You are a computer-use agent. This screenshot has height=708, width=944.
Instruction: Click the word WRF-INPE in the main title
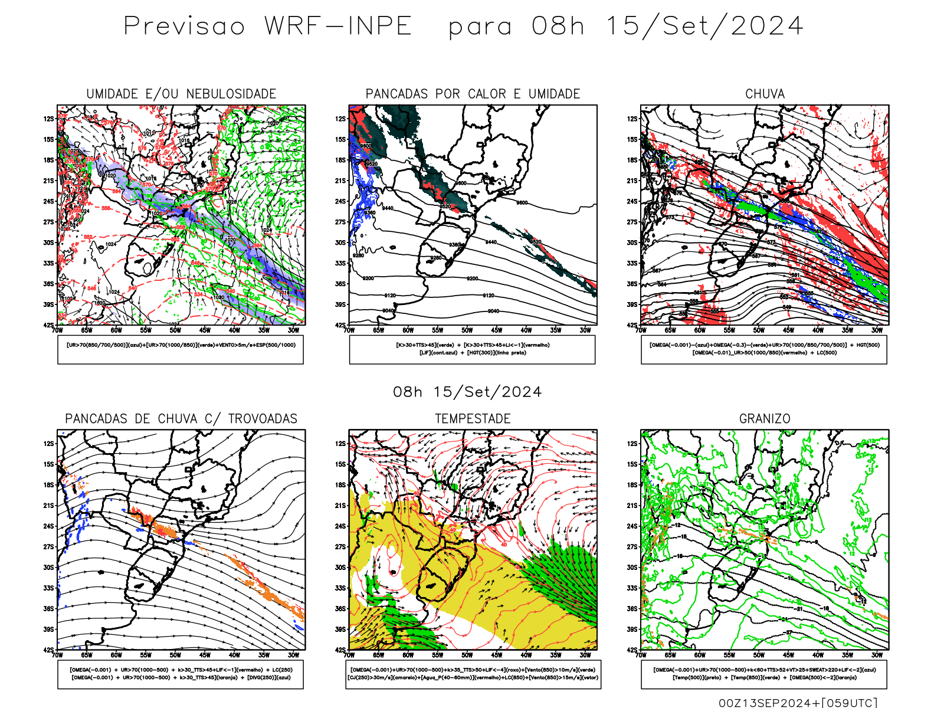point(337,27)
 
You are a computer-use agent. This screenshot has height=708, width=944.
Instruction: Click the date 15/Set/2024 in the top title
point(704,27)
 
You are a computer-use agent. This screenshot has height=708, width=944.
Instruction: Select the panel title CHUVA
point(765,94)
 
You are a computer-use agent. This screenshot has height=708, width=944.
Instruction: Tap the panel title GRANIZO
point(765,419)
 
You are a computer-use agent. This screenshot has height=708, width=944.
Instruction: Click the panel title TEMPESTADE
point(473,419)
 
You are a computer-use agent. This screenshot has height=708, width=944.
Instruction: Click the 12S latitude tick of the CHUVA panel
point(632,119)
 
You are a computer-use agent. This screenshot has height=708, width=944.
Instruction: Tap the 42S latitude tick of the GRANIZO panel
point(632,650)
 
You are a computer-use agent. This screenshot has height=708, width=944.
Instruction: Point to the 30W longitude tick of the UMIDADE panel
point(293,330)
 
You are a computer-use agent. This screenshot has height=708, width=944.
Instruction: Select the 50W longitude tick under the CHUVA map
point(759,330)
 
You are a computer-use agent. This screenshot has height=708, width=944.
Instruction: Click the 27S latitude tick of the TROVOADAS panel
point(48,547)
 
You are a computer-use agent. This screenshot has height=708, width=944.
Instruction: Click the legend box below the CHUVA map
point(764,349)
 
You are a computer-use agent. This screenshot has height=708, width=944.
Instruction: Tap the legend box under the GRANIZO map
point(764,674)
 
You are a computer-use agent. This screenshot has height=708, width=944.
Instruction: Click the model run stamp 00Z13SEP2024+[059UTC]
point(798,703)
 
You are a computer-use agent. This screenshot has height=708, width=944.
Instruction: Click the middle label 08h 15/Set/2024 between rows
point(467,392)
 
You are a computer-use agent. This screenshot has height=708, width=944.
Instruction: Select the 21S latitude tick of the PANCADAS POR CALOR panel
point(340,181)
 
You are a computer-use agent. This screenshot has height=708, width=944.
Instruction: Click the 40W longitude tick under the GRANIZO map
point(818,655)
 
